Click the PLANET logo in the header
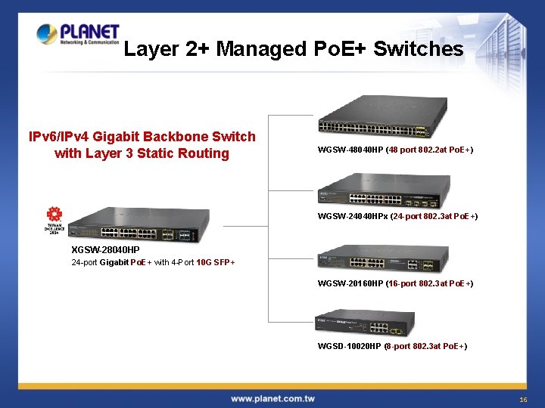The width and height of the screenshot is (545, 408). pyautogui.click(x=78, y=33)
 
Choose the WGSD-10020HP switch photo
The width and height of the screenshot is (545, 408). pyautogui.click(x=365, y=324)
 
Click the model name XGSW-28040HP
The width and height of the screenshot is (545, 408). pyautogui.click(x=105, y=250)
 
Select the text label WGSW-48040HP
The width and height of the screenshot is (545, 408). pyautogui.click(x=350, y=150)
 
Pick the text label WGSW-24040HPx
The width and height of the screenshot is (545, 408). pyautogui.click(x=353, y=217)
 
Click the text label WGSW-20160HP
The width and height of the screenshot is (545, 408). pyautogui.click(x=350, y=284)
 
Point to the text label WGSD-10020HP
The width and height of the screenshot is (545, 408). pyautogui.click(x=350, y=347)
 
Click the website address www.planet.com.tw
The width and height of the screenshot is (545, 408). pyautogui.click(x=272, y=398)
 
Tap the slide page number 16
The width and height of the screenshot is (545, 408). pyautogui.click(x=523, y=399)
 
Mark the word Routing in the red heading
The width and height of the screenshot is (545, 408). pyautogui.click(x=204, y=153)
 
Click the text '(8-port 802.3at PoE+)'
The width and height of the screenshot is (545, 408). pyautogui.click(x=425, y=347)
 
